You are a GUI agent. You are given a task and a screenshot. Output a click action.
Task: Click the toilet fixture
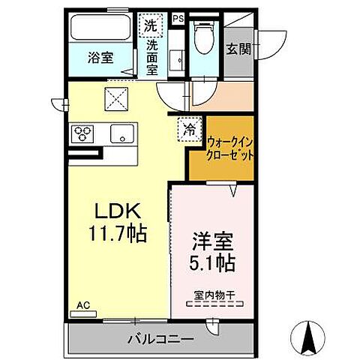(202, 34)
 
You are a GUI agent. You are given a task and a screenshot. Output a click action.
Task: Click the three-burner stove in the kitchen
(83, 133)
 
